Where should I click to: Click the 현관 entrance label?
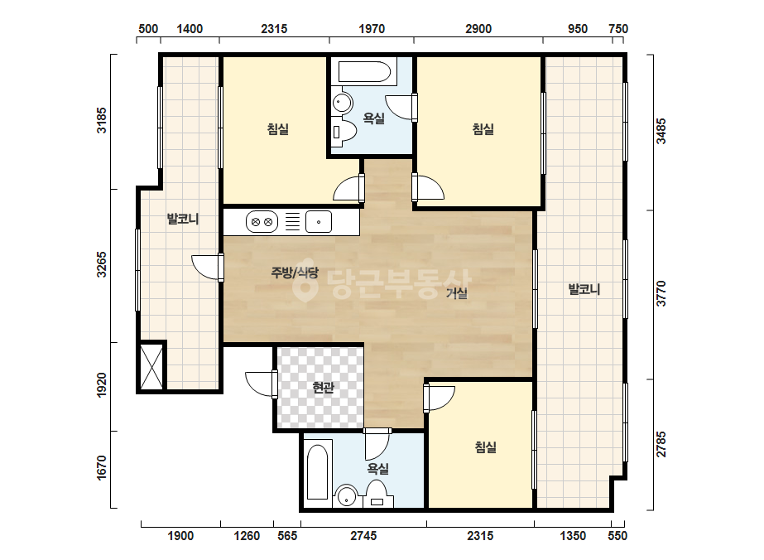coord(323,388)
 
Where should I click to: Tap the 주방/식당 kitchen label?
coord(295,273)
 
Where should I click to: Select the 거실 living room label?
coord(457,293)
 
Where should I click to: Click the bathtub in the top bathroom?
coord(364,71)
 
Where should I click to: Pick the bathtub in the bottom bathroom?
coord(317,472)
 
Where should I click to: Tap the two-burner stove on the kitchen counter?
coord(262,222)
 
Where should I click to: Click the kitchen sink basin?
coord(319,222)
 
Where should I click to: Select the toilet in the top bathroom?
coord(344,131)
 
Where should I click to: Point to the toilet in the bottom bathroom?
coord(377,494)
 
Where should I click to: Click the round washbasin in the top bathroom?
coord(343,103)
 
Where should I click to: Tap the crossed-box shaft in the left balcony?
coord(151,366)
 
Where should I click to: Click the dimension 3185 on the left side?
coord(101,120)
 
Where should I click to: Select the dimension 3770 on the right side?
coord(661,293)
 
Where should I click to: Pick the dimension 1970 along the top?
coord(372,29)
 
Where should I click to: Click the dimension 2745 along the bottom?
coord(363,536)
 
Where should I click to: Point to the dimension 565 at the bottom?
coord(287,536)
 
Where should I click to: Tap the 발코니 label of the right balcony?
coord(584,290)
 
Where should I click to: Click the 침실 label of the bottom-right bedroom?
coord(486,447)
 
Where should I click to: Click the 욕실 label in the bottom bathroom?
coord(378,469)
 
